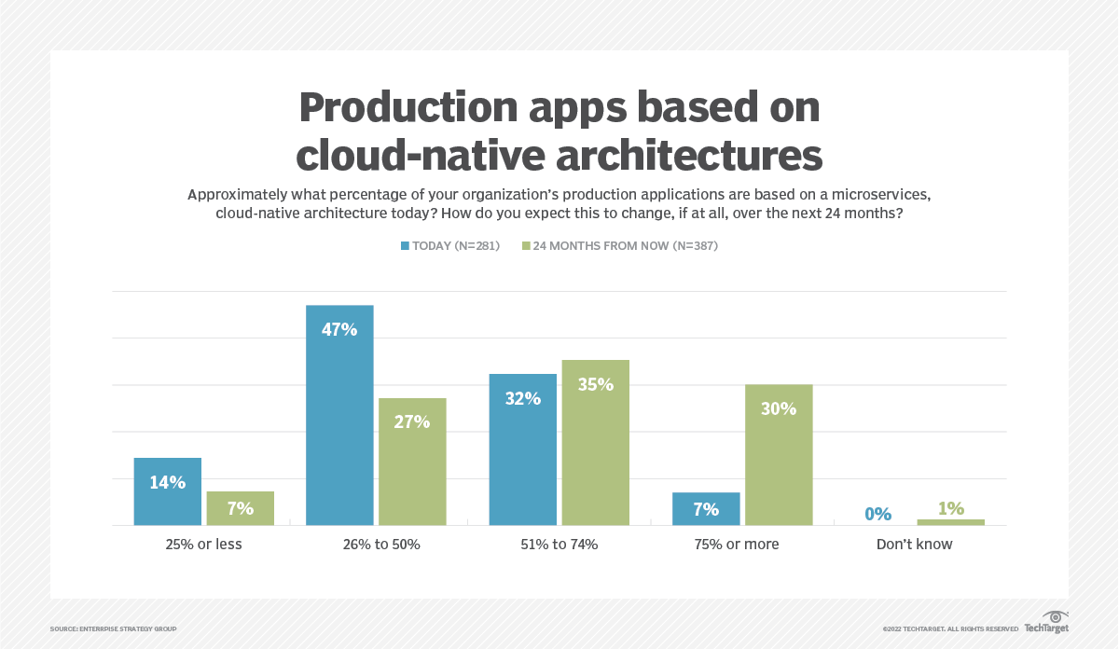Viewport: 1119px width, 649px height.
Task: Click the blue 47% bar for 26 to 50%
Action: [339, 415]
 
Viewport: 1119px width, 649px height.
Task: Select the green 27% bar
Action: [411, 462]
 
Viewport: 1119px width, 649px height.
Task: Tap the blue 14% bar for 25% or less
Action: [168, 491]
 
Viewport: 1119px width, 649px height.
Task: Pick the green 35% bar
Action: [595, 442]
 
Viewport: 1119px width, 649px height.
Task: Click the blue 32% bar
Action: [523, 449]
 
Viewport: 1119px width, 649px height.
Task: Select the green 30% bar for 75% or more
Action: [779, 455]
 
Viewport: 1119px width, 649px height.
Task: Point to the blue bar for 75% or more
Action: [706, 509]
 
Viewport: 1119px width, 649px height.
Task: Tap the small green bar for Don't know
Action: [950, 522]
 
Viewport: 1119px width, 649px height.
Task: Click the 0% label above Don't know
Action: [877, 514]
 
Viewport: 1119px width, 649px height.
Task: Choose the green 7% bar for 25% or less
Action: [240, 508]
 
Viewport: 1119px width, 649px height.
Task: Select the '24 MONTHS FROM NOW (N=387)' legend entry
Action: [619, 246]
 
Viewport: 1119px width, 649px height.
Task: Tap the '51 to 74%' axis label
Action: [559, 544]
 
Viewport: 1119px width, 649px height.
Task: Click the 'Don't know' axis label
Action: [914, 544]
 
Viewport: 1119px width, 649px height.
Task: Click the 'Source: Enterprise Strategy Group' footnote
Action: [113, 629]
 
